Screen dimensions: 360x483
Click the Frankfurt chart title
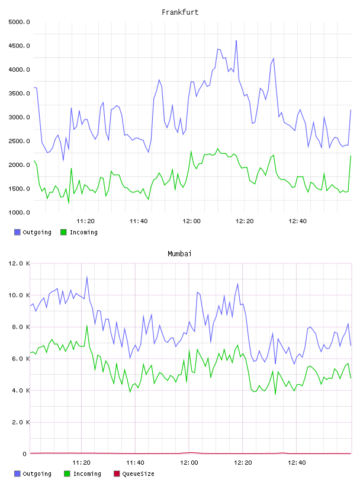(x=180, y=12)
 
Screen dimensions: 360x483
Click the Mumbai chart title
(x=179, y=254)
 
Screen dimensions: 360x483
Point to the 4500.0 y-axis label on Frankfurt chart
(x=19, y=46)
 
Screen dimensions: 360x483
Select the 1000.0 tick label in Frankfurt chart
(x=19, y=212)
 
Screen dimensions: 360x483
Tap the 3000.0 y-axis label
(x=19, y=117)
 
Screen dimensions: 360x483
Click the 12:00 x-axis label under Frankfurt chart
(x=191, y=221)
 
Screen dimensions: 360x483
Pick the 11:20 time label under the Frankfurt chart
(x=85, y=221)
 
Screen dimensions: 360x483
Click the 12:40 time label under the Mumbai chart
(x=297, y=463)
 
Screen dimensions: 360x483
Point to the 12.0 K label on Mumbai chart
(x=19, y=263)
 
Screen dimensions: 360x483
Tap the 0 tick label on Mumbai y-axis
(x=24, y=454)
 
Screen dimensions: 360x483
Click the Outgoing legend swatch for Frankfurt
(x=17, y=232)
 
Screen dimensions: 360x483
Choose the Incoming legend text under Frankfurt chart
(x=83, y=233)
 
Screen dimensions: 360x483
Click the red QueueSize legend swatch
(x=117, y=474)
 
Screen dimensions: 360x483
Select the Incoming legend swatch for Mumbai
(x=67, y=474)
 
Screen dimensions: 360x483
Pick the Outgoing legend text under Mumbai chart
(x=37, y=474)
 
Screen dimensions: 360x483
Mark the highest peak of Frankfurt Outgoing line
(x=236, y=41)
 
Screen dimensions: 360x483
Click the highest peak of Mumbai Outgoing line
(x=87, y=277)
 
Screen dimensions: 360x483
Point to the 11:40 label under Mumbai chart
(x=135, y=463)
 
